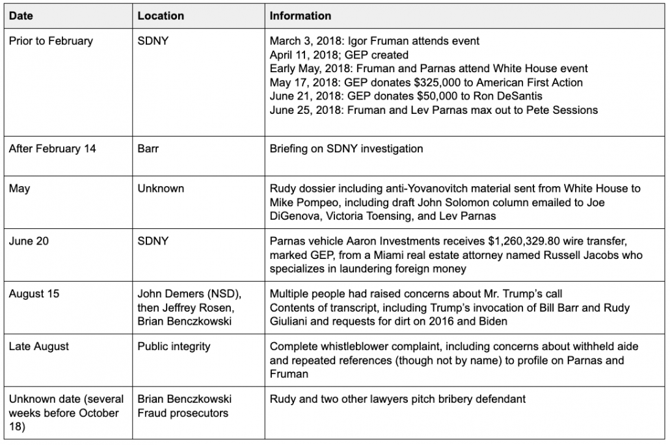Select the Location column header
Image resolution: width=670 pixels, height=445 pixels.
161,16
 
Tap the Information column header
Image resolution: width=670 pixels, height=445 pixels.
300,16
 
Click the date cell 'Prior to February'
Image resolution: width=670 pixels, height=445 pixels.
51,41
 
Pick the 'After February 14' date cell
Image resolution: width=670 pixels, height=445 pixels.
52,149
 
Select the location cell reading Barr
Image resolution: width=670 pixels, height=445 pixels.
149,149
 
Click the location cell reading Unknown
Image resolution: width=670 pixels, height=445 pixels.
161,189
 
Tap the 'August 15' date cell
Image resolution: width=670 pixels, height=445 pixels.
34,294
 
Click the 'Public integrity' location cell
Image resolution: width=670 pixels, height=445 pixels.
174,347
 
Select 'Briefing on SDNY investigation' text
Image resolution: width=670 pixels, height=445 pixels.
346,149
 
